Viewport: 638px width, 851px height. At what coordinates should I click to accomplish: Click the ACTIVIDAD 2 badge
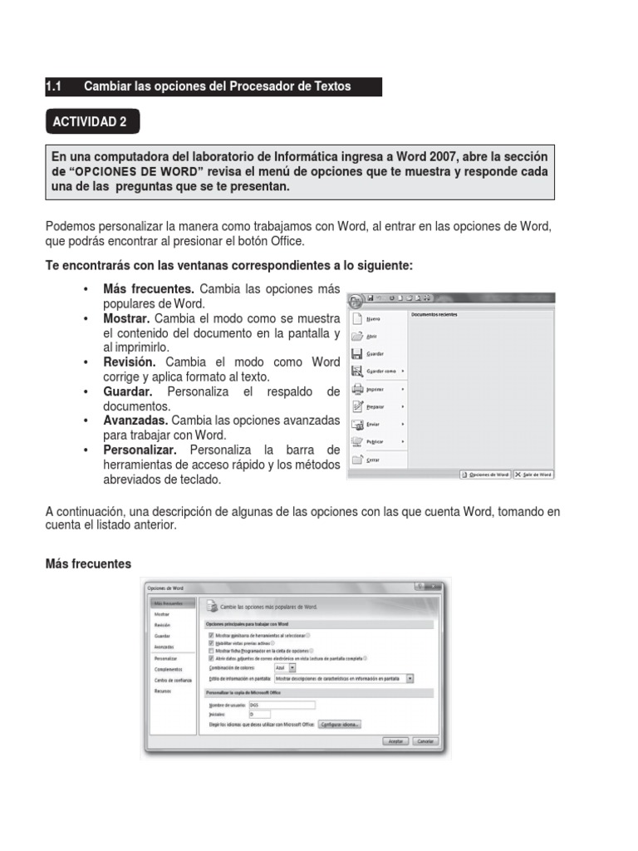pyautogui.click(x=91, y=122)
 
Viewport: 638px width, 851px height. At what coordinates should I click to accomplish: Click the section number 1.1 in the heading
pyautogui.click(x=54, y=86)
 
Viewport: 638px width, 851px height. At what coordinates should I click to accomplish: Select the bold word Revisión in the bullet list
pyautogui.click(x=129, y=362)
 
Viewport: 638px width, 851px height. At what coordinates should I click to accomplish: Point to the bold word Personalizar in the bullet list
pyautogui.click(x=140, y=450)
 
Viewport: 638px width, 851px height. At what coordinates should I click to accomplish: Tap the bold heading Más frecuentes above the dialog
pyautogui.click(x=88, y=563)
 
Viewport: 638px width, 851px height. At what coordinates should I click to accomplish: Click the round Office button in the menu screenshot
pyautogui.click(x=356, y=301)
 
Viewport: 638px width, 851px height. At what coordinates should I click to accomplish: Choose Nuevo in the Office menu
pyautogui.click(x=374, y=319)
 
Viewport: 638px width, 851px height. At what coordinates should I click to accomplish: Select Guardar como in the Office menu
pyautogui.click(x=380, y=371)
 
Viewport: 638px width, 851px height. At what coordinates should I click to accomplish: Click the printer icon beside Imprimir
pyautogui.click(x=357, y=389)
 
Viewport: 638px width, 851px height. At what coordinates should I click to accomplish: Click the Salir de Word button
pyautogui.click(x=533, y=475)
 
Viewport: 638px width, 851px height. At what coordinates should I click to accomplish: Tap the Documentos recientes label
pyautogui.click(x=434, y=314)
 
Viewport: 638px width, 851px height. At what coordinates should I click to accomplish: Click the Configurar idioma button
pyautogui.click(x=340, y=724)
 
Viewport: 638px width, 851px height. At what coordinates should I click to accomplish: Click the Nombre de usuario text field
pyautogui.click(x=282, y=705)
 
